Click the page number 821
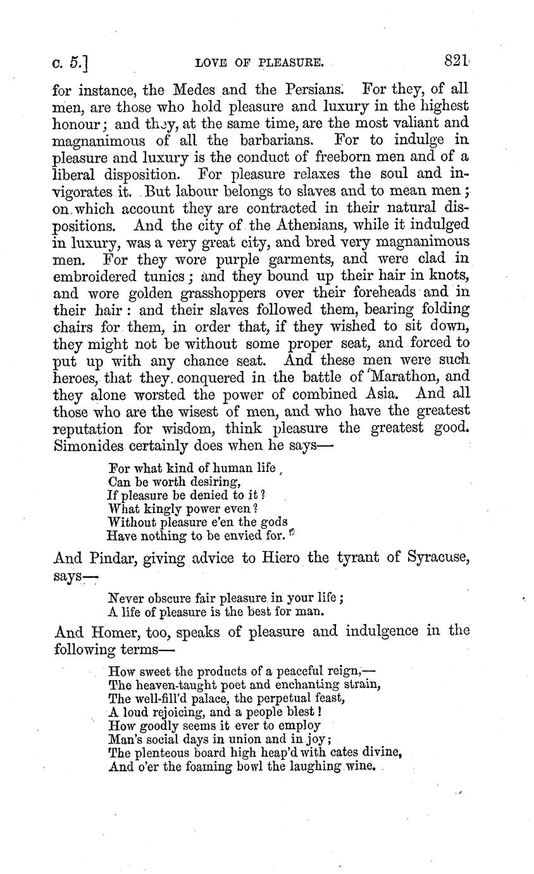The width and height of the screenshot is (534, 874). point(456,61)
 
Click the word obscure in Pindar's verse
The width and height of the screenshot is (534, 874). point(166,598)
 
